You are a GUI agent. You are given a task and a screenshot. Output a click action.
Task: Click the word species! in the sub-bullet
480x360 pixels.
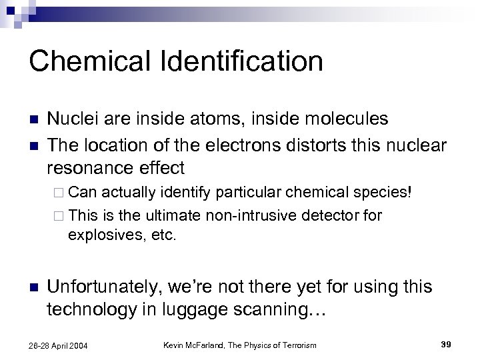pyautogui.click(x=387, y=193)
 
